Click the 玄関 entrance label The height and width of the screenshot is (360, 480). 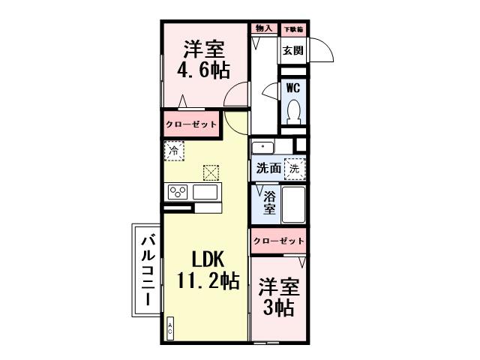pos(292,51)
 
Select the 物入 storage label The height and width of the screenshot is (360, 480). pos(263,28)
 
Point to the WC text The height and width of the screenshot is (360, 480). pos(292,87)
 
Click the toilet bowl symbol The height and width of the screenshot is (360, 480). pos(292,113)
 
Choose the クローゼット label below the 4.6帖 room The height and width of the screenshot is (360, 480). pos(191,124)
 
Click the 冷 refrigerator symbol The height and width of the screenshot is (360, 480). pos(173,151)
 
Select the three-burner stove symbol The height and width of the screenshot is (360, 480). pos(177,192)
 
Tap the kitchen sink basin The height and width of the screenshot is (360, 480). pos(205,192)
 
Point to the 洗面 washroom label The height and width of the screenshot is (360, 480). pos(268,169)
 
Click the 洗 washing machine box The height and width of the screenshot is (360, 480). pos(295,169)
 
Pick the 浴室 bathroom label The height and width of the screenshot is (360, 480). pos(268,202)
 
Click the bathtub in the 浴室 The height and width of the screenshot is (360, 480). pos(292,203)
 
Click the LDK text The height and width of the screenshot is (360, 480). pos(205,259)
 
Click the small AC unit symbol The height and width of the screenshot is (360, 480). pos(169,327)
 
